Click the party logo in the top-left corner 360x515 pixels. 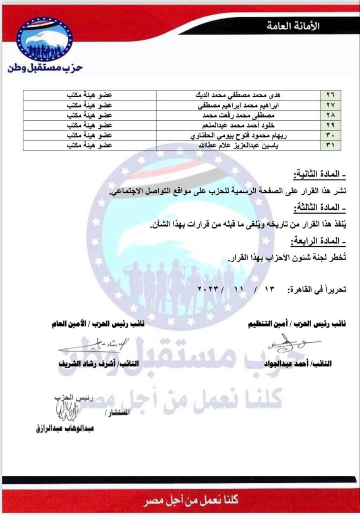click(x=44, y=39)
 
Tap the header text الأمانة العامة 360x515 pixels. click(x=293, y=27)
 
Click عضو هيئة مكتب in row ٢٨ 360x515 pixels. click(x=89, y=115)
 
